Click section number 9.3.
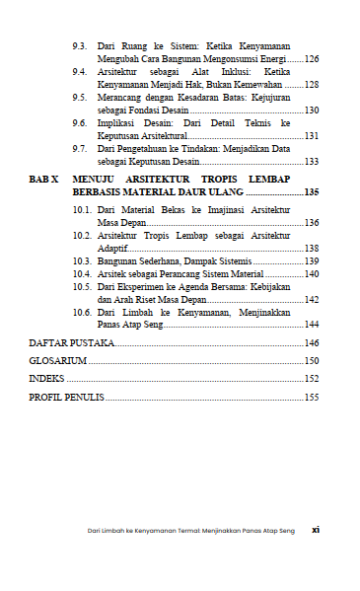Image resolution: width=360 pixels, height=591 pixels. (81, 47)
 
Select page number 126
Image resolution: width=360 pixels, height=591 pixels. (311, 60)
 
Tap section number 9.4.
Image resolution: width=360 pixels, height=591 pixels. (81, 73)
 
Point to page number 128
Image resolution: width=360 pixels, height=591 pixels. (311, 86)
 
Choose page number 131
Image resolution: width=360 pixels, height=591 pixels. (311, 136)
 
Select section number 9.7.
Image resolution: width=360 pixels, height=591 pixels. (81, 149)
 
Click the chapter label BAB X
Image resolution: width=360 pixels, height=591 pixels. (43, 180)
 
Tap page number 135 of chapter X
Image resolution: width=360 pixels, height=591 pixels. (311, 192)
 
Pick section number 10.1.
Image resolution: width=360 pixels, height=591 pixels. (83, 211)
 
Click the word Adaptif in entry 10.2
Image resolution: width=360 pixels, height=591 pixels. (113, 249)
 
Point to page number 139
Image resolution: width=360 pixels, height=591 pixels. (311, 261)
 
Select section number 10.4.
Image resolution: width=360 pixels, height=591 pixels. (83, 274)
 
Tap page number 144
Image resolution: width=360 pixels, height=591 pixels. (311, 325)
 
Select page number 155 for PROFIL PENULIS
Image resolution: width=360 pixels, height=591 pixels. (311, 398)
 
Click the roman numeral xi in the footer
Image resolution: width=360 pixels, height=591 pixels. (315, 530)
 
